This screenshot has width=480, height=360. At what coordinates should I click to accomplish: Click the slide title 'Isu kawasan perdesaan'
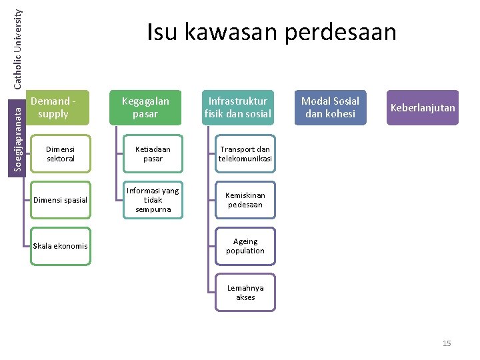tap(271, 32)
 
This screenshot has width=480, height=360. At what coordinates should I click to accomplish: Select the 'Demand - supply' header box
tap(59, 107)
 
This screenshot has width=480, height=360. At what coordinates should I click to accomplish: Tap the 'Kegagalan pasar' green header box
tap(145, 107)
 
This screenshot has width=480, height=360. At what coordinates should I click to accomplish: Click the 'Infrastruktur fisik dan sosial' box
tap(238, 107)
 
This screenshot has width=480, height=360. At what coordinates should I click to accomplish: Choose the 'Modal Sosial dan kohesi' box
tap(330, 107)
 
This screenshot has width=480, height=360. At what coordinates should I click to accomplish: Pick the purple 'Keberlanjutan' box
tap(423, 107)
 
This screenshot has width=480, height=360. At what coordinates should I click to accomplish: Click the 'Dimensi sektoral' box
tap(61, 154)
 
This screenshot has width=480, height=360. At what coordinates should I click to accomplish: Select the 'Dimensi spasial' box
tap(60, 200)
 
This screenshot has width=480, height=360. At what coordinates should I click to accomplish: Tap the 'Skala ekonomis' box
tap(60, 246)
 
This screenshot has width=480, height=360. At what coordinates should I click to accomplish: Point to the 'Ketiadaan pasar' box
tap(153, 154)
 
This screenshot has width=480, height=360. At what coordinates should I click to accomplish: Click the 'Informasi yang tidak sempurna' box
tap(153, 200)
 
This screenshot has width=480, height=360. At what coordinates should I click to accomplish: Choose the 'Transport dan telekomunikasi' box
tap(245, 154)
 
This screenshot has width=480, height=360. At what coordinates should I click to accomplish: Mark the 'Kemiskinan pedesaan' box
tap(245, 200)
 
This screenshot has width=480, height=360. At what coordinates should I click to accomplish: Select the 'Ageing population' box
tap(245, 246)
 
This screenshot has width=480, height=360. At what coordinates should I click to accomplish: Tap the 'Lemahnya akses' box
tap(245, 293)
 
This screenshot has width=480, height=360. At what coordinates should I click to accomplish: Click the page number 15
tap(447, 343)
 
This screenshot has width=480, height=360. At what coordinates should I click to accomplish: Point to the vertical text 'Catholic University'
tap(19, 43)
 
